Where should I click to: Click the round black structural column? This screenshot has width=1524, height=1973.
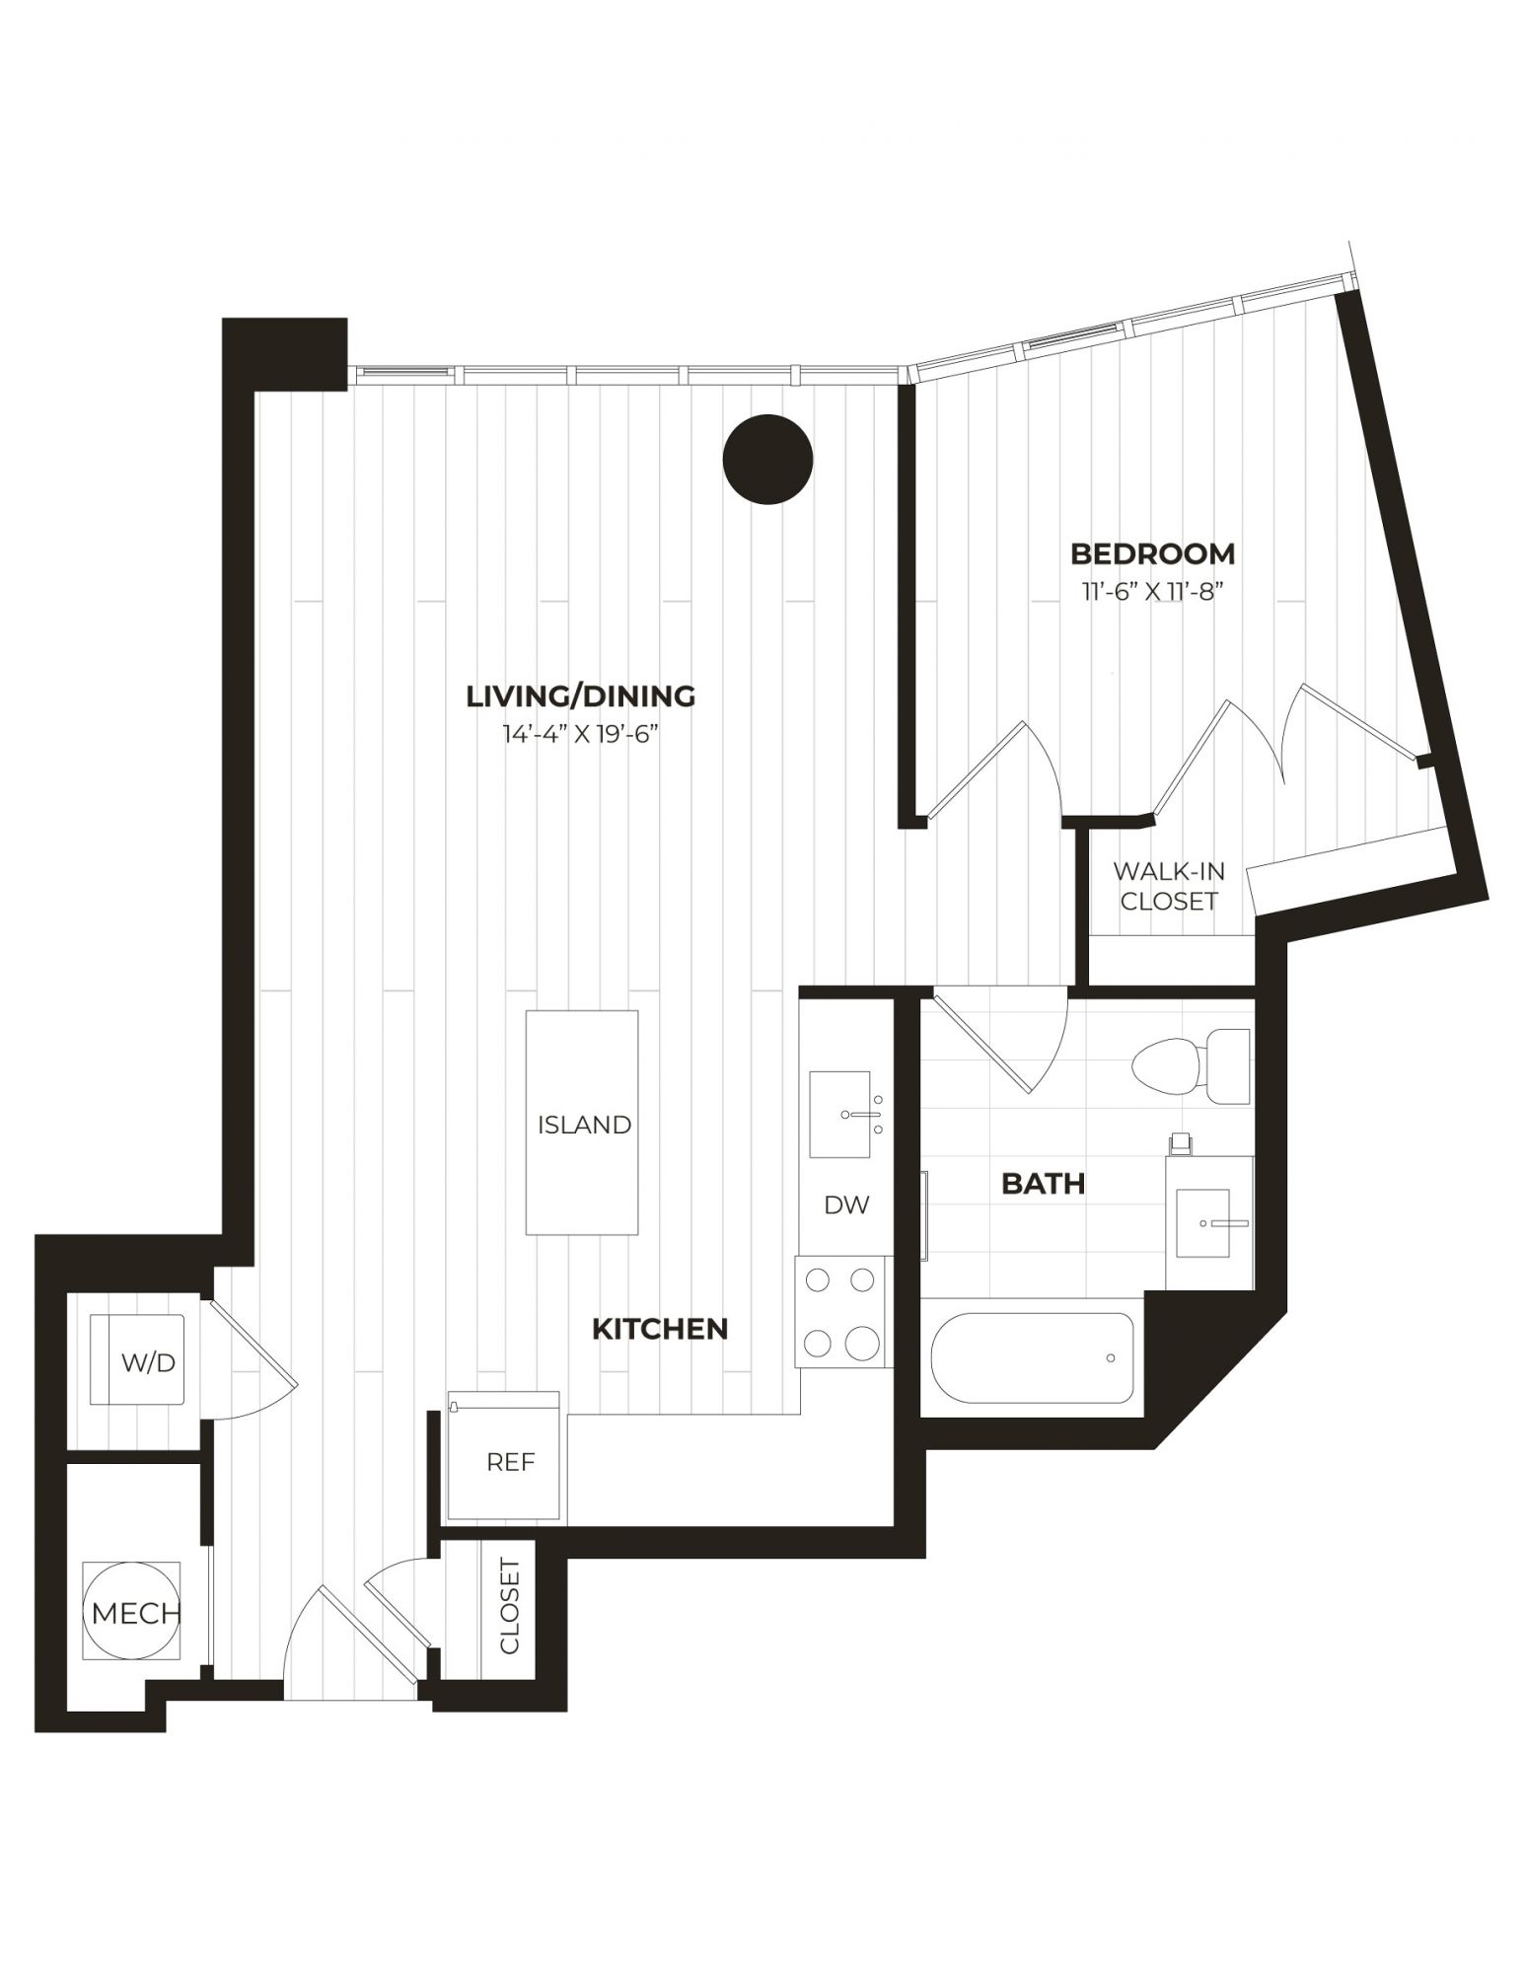tap(767, 460)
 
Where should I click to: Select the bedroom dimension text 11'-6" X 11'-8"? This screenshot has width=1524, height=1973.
tap(1153, 593)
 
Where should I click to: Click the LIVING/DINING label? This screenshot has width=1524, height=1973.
tap(580, 695)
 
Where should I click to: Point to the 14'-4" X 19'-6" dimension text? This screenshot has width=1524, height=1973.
tap(581, 736)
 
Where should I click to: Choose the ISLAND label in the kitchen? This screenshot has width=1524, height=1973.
tap(584, 1125)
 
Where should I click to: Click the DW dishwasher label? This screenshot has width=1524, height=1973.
tap(846, 1205)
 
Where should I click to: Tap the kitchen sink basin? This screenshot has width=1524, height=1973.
tap(840, 1114)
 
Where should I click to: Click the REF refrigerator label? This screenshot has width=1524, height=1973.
tap(510, 1462)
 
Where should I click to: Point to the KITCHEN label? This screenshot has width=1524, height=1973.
tap(660, 1329)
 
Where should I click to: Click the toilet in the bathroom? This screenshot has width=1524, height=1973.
tap(1191, 1066)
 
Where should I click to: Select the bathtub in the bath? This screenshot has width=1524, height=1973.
tap(1032, 1357)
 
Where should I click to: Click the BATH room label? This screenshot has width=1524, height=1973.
tap(1044, 1183)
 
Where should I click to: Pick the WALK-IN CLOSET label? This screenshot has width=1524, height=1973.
tap(1169, 886)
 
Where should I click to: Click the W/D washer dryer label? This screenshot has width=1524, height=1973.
tap(148, 1363)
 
